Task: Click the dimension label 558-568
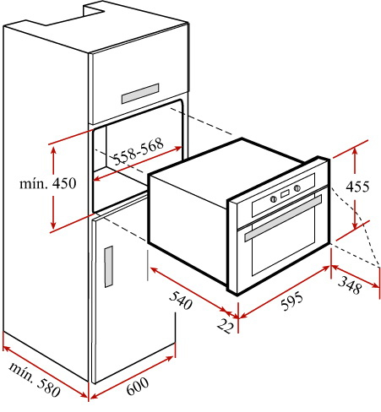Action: [139, 151]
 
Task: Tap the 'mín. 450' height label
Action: [48, 183]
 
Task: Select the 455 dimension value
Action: [357, 187]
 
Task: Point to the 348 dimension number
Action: [350, 285]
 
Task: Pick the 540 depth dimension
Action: [181, 301]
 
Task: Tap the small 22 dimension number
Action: [226, 326]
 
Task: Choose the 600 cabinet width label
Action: [137, 386]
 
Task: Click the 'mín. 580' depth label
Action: [35, 380]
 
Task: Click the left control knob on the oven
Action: [273, 199]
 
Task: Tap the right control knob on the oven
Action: [297, 188]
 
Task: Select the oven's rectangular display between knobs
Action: [285, 193]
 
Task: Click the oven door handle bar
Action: [283, 219]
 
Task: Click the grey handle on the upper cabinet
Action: [140, 94]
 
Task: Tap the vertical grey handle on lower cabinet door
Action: [109, 267]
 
